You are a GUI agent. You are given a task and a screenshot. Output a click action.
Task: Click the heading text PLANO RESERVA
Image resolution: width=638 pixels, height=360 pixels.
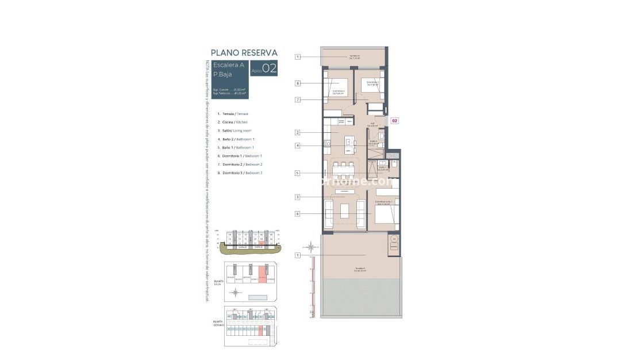point(244,53)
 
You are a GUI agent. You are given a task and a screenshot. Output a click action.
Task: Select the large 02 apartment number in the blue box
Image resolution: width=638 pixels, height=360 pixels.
point(270,68)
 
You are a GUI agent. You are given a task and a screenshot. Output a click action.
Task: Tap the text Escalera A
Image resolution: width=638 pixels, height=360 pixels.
point(228,64)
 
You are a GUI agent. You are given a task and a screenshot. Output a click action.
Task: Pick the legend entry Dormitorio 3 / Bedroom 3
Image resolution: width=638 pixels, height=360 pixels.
point(242,173)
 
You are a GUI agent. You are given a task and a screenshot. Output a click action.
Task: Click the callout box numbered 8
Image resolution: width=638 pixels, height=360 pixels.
point(298,83)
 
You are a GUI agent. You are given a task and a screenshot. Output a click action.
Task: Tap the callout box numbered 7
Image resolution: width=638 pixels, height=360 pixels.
point(298,100)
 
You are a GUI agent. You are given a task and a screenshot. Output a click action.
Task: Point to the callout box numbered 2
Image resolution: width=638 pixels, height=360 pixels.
point(298,132)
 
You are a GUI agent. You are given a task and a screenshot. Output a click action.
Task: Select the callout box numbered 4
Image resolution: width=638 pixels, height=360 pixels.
point(298,145)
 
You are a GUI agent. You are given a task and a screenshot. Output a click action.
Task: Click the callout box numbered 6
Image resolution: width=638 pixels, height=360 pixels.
point(298,214)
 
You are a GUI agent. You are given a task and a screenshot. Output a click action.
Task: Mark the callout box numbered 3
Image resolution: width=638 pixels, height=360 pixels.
point(298,197)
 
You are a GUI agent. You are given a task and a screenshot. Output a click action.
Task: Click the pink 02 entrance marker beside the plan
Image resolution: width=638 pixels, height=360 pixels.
point(395,121)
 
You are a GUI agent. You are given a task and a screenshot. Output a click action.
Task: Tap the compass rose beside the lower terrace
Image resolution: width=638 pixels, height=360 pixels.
point(311,248)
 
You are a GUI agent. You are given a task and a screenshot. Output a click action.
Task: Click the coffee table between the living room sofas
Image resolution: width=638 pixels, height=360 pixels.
point(344,211)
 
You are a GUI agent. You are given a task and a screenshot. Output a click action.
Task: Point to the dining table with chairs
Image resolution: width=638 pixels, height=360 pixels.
point(344,170)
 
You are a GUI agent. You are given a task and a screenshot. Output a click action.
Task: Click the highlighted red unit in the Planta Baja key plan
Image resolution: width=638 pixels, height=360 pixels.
point(263,274)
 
